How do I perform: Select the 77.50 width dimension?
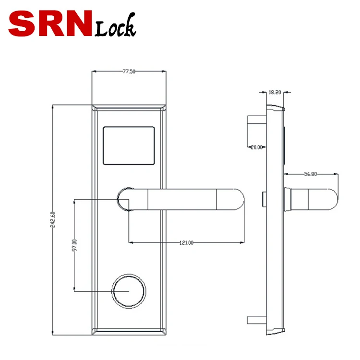coord(129,72)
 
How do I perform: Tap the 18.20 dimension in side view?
coord(275,92)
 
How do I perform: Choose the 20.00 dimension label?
coord(257,147)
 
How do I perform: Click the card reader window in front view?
coord(129,145)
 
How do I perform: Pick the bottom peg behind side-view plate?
coord(255,320)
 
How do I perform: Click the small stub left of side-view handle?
coord(264,198)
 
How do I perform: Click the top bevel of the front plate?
coord(129,108)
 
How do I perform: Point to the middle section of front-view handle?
coord(182,199)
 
